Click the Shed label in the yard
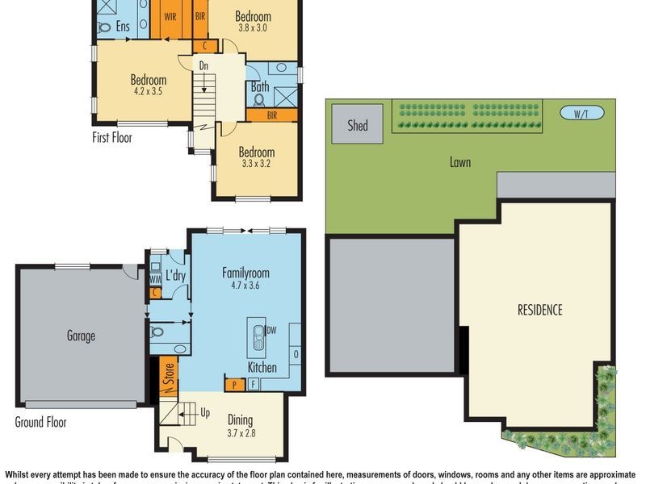(358, 125)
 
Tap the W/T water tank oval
(581, 114)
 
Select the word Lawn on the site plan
(460, 162)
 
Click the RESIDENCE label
(540, 310)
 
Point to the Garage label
(81, 336)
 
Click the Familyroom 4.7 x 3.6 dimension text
(246, 285)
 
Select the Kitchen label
(262, 367)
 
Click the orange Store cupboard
(167, 375)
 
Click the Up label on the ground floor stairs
(205, 413)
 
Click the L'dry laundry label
(176, 276)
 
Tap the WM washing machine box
(155, 279)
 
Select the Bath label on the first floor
(260, 86)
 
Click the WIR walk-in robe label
(170, 15)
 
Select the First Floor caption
(111, 138)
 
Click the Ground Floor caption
(40, 422)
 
